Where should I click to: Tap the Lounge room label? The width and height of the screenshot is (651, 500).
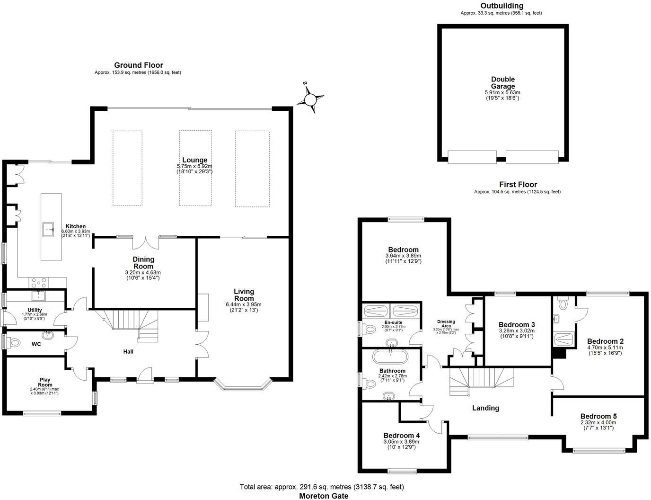coord(194,160)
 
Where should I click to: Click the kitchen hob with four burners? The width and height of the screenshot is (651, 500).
coord(38,282)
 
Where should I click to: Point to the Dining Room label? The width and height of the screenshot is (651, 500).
coord(143,263)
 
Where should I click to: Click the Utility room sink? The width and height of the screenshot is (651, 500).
coord(38,296)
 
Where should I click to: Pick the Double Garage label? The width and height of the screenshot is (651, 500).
coord(502,83)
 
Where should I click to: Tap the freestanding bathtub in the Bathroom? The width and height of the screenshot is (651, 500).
coord(391,356)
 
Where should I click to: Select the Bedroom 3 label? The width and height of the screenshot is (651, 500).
coord(517,324)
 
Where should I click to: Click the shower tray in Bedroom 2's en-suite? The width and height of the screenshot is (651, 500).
coord(564,339)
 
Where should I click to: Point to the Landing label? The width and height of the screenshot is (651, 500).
coord(485,408)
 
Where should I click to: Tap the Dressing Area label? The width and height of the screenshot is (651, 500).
coord(446,324)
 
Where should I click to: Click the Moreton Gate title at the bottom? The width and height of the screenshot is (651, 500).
coord(324,496)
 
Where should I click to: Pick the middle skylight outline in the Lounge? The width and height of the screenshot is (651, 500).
coord(195,168)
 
